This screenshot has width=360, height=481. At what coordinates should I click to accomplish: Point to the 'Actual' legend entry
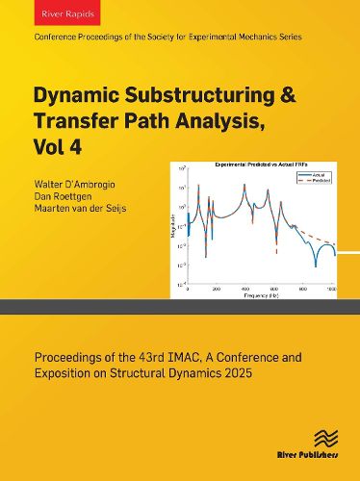pos(321,174)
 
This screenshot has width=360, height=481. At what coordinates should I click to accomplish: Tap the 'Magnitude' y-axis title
pos(174,227)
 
